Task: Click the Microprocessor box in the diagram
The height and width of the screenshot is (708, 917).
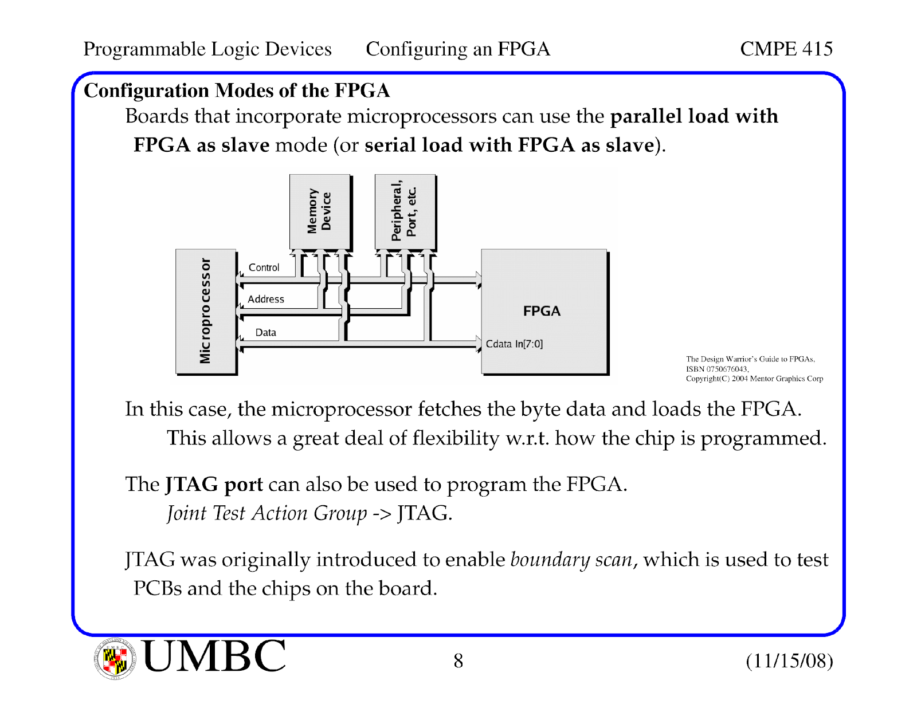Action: coord(206,311)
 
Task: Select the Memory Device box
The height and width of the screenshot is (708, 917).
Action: coord(320,212)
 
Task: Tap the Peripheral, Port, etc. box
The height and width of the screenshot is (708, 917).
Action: coord(405,212)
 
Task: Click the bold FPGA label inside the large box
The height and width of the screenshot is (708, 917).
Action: coord(542,311)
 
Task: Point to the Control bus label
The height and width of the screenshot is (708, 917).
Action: coord(264,268)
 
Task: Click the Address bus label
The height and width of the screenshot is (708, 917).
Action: coord(266,299)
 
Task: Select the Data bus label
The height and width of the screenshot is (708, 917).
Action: coord(266,332)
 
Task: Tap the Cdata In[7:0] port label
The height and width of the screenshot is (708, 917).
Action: coord(514,344)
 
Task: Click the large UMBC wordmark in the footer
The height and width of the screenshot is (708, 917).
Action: coord(214,655)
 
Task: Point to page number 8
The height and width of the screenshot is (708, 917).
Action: coord(458,661)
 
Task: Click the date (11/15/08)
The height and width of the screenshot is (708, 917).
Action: coord(789,661)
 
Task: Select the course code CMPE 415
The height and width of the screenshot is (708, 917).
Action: coord(786,49)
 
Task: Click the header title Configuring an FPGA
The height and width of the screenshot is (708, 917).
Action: coord(458,49)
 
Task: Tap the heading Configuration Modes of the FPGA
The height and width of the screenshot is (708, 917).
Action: coord(237,91)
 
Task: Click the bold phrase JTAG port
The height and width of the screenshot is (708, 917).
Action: coord(214,485)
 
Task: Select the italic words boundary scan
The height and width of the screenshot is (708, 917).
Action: coord(571,560)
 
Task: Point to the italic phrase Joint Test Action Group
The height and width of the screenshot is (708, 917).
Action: coord(267,514)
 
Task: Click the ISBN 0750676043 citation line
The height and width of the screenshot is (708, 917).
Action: coord(717,369)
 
